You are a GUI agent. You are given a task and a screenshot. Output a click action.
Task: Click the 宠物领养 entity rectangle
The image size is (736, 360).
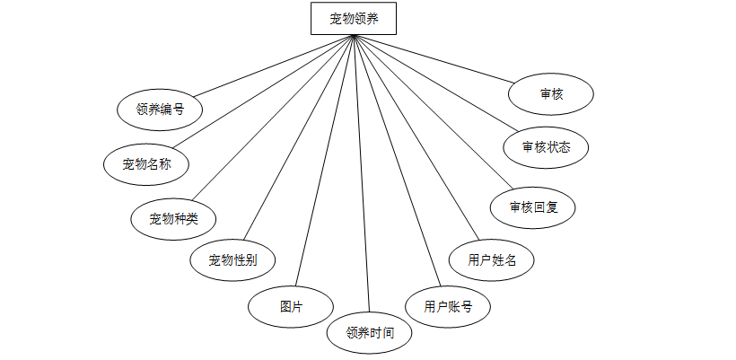click(x=354, y=18)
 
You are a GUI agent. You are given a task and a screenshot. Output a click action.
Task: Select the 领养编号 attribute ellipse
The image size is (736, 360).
click(x=160, y=110)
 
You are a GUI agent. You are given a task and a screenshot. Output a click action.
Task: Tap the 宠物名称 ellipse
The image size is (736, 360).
click(x=147, y=163)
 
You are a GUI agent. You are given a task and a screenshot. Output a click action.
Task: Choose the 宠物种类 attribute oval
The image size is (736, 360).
click(x=174, y=218)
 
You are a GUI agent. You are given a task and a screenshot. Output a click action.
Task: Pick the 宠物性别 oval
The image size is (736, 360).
click(x=233, y=260)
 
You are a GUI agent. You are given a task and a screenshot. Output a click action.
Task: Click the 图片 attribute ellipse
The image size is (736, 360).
click(x=291, y=306)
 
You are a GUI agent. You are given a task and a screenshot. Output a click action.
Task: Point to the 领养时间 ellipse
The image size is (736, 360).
click(x=369, y=332)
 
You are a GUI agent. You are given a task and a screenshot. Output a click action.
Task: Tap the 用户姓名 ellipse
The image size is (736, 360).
click(x=492, y=260)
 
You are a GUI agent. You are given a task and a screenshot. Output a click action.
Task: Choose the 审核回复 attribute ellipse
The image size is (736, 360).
click(x=533, y=207)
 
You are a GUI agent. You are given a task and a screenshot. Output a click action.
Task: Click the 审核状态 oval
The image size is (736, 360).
click(x=546, y=146)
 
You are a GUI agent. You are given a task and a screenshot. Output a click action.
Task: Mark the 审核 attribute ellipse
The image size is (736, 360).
click(x=551, y=93)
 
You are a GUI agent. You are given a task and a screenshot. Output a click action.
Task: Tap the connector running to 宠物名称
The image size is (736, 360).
click(x=264, y=94)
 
